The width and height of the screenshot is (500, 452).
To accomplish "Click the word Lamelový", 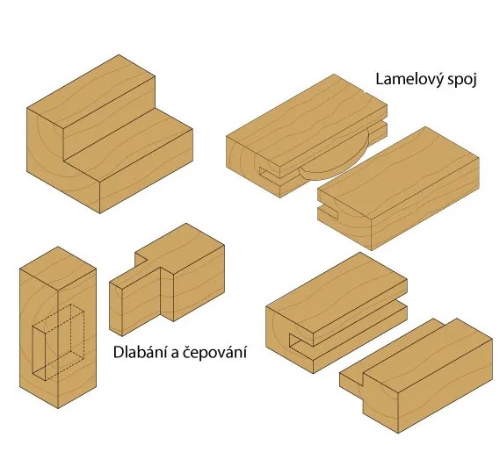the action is pos(409,80).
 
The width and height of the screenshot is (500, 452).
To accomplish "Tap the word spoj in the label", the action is pos(462,80).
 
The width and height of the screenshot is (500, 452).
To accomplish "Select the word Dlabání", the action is pos(140,352).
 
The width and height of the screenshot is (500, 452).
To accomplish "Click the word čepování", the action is pos(214,353).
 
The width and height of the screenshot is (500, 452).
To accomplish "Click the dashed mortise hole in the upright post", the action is pos(58,343).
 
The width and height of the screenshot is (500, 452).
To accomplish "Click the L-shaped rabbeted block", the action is pos(109,133).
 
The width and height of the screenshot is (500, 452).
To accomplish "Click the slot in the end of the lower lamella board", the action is pos(328,212).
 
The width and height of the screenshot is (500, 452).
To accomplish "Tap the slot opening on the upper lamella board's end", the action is pos(270,173).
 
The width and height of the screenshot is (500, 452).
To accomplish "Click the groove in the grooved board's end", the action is pos(301,341).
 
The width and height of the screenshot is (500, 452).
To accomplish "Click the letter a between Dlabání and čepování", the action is pos(174,354).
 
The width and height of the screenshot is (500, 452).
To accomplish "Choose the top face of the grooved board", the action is pos(337,292).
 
